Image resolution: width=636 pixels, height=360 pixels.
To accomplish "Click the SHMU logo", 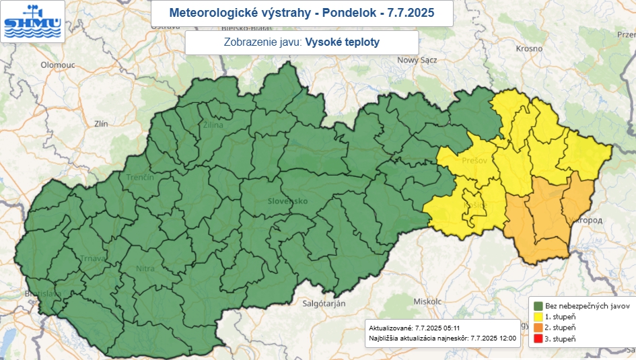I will (32, 22).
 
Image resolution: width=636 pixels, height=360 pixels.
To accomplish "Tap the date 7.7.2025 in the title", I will (411, 13).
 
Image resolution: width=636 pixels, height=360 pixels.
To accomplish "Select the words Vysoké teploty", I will (342, 42).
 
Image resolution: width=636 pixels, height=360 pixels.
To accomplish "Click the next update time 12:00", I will (506, 338).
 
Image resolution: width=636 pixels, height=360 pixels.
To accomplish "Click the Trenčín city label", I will (141, 177).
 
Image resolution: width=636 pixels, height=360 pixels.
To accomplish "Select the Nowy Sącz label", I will (417, 60).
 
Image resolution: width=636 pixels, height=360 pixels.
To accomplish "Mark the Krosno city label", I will (530, 48).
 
